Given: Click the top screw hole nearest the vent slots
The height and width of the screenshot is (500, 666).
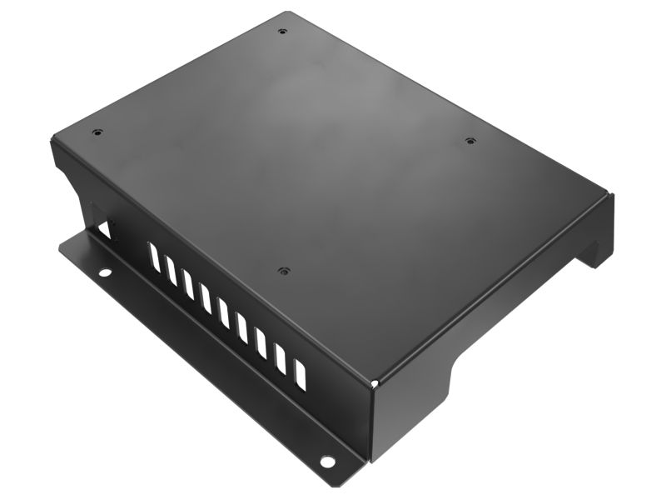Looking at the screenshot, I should [284, 271].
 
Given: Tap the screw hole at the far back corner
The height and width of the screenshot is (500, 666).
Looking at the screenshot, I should [283, 31].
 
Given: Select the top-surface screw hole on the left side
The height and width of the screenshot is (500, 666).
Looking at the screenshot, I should [97, 132].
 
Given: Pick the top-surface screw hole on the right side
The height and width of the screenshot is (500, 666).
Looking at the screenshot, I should [470, 141].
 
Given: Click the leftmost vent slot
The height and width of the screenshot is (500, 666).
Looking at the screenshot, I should [153, 256].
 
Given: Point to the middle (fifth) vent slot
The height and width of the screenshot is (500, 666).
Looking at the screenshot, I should [224, 313].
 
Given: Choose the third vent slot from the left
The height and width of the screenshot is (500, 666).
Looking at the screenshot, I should [188, 284].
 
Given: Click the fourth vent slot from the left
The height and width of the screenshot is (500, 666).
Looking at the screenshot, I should [206, 298].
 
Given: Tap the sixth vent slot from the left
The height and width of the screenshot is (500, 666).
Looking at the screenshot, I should [242, 328].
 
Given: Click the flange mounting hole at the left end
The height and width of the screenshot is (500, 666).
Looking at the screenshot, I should [104, 272].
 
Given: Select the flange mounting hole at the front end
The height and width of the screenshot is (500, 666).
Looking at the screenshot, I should [327, 462].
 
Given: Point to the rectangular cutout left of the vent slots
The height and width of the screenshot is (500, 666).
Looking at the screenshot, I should [105, 230].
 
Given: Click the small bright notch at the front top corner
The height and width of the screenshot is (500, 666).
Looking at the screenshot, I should [375, 383].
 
